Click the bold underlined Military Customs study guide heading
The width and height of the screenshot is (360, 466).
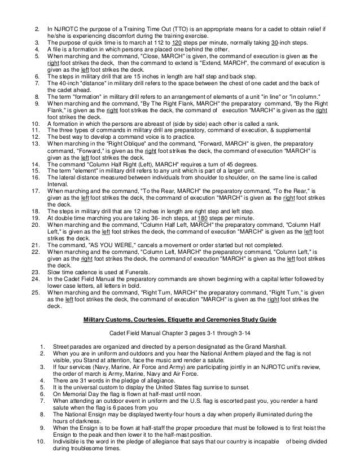[x=179, y=319]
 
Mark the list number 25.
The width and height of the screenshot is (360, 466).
[x=35, y=293]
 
